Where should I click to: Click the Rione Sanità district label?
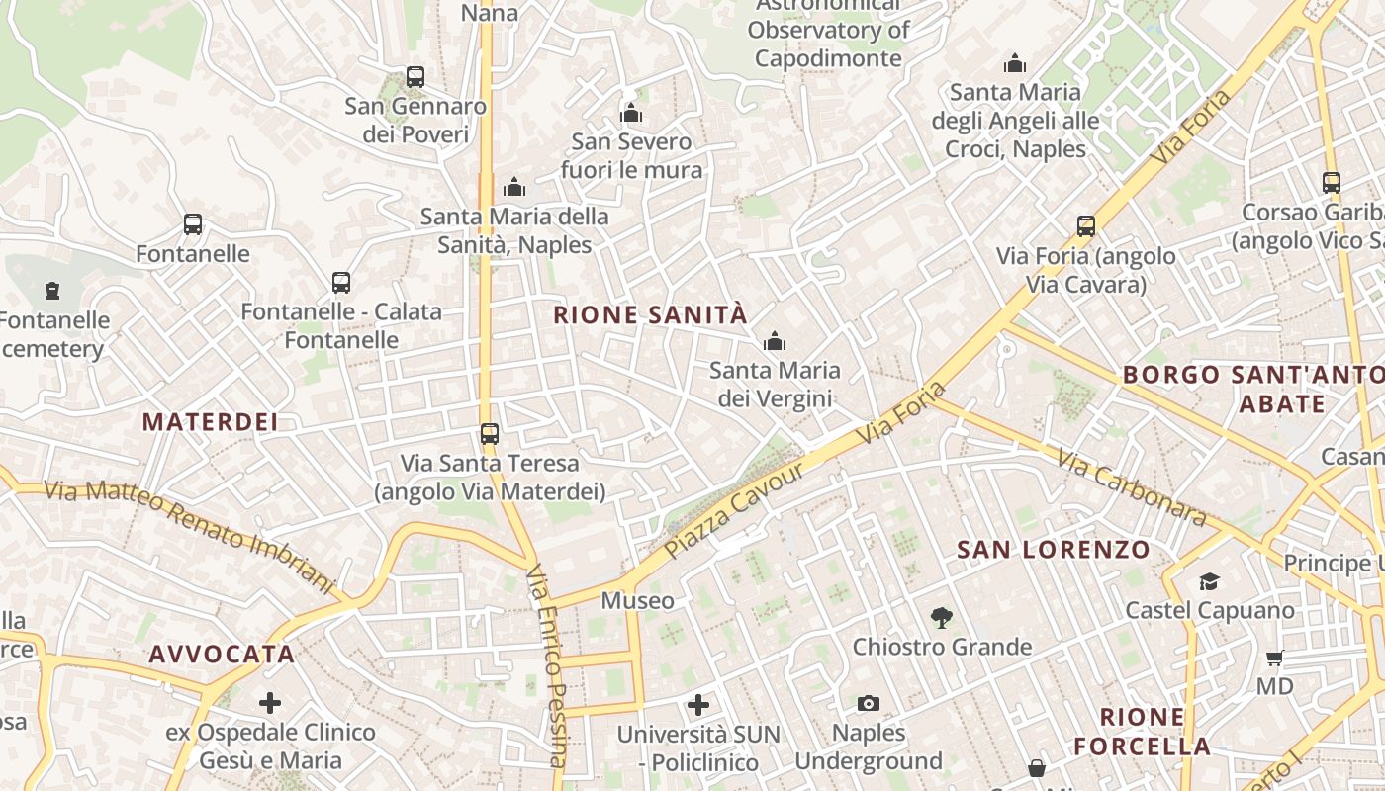650,315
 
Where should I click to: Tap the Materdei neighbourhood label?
210,422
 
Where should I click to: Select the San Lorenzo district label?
1054,550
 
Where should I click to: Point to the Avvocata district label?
222,655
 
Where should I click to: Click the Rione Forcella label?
1142,732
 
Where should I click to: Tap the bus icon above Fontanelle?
193,224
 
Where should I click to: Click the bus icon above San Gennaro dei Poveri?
415,76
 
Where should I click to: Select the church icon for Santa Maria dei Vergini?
775,342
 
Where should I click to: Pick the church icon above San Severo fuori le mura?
631,114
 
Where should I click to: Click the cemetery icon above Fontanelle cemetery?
52,291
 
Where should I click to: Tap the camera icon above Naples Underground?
868,703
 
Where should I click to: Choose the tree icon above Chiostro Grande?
942,618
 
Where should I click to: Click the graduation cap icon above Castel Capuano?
1209,580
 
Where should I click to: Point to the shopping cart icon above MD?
1274,658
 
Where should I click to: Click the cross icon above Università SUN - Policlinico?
698,705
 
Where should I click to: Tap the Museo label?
637,600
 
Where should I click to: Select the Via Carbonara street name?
1131,487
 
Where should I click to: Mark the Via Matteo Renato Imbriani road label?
190,533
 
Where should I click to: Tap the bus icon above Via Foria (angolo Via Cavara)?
1086,226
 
